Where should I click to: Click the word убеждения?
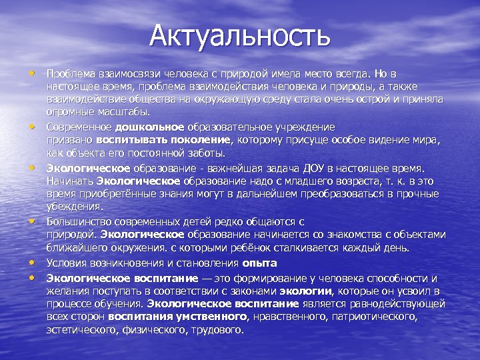(x=74, y=207)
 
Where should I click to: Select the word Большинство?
(x=80, y=221)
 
